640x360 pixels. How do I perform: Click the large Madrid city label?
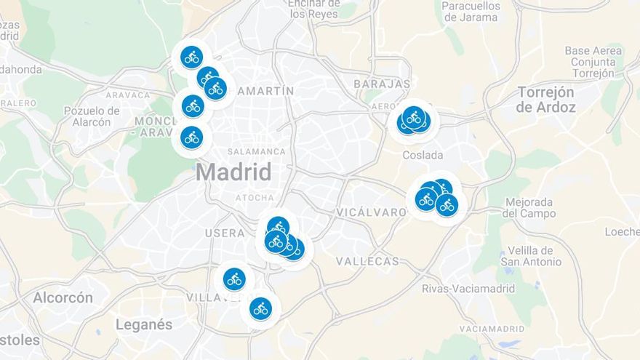point(233,172)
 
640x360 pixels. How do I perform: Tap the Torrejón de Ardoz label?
point(545,100)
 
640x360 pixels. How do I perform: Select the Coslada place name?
point(423,155)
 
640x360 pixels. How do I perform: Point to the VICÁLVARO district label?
point(372,212)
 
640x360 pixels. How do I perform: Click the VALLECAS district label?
point(367,261)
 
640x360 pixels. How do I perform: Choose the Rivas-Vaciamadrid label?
point(468,289)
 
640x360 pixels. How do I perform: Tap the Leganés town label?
point(144,324)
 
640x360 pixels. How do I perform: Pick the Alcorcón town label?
point(63,297)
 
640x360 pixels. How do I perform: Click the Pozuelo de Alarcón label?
point(92,116)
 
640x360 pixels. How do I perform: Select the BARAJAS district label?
point(382,84)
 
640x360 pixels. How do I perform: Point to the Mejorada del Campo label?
point(528,208)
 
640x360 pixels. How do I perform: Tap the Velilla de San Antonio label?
point(534,256)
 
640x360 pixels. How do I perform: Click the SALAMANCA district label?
point(256,151)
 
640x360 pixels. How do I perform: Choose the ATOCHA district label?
point(255,197)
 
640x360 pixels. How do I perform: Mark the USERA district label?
point(225,233)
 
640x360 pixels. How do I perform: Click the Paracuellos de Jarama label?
point(471,11)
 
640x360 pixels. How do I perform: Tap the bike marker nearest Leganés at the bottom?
point(260,308)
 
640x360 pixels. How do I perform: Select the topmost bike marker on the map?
point(191,56)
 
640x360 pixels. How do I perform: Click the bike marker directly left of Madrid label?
point(191,137)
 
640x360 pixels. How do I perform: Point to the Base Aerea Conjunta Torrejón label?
point(593,62)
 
